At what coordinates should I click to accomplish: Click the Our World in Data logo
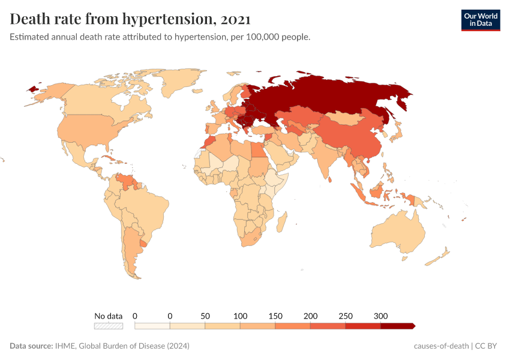click(480, 20)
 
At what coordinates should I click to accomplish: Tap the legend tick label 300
click(380, 316)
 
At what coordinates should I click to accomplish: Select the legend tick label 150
click(275, 316)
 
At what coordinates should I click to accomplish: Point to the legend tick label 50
click(205, 316)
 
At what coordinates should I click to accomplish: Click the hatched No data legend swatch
click(109, 326)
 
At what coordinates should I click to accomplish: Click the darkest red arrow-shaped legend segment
click(397, 326)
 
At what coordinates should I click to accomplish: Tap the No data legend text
click(109, 316)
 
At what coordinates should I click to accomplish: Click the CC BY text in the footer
click(487, 346)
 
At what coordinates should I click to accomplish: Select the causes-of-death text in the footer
click(441, 346)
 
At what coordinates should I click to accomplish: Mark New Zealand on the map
click(441, 257)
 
